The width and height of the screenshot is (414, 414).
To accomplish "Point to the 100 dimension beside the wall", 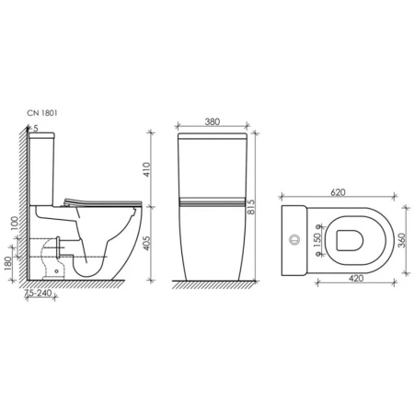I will point(13,224).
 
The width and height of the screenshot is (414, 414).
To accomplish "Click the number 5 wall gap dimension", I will point(36,128).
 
